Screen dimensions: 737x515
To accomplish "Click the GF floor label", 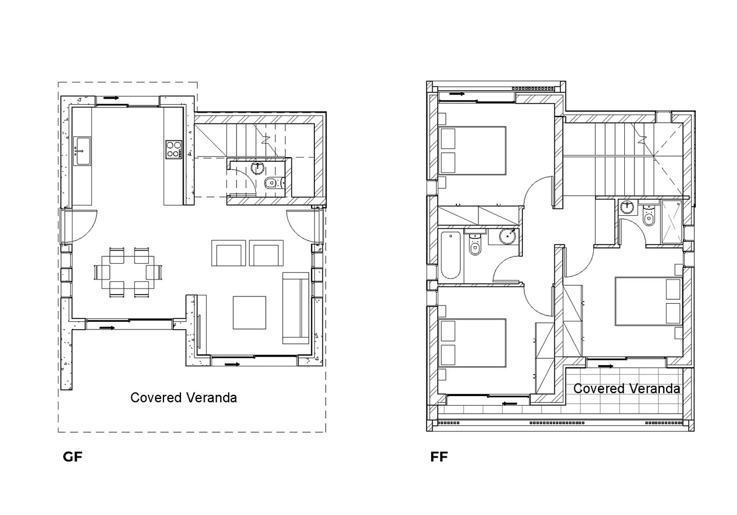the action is point(72,457).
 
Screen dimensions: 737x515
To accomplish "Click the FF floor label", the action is point(439,457).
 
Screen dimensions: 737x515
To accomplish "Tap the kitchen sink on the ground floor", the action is point(82,151).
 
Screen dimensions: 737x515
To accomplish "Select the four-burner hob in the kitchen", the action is point(174,150).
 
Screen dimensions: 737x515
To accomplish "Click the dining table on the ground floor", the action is point(128,273).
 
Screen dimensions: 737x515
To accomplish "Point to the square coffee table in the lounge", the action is point(250,313).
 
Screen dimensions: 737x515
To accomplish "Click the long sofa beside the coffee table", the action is point(295,308).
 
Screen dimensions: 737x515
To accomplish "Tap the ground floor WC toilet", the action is point(274,183).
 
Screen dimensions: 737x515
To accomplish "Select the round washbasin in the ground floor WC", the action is point(257,168).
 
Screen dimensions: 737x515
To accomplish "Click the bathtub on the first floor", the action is point(450,255).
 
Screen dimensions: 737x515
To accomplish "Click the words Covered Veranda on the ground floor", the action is point(184,398).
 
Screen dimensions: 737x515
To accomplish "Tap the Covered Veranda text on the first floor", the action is point(627,389).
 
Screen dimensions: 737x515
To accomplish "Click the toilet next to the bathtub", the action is point(474,244).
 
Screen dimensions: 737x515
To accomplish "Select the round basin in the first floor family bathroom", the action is point(507,236).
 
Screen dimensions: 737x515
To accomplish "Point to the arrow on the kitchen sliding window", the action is point(111,98).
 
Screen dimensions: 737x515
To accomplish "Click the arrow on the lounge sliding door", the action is point(232,365).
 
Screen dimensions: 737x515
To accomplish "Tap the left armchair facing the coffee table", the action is point(229,253).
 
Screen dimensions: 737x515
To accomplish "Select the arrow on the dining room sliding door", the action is point(107,327).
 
